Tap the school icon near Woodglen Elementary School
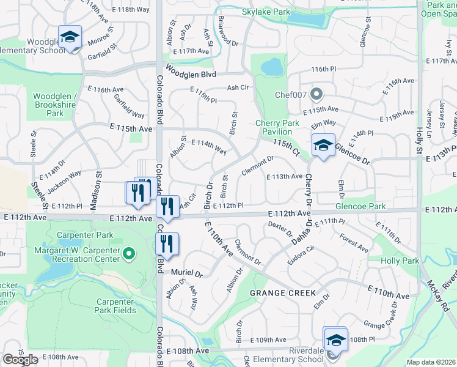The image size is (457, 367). (70, 37)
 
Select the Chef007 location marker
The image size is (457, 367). (316, 94)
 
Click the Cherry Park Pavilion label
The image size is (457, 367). (277, 127)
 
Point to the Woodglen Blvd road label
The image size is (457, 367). (191, 73)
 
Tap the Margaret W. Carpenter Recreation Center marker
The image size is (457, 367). (128, 253)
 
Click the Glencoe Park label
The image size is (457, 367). (360, 207)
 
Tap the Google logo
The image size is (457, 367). (20, 360)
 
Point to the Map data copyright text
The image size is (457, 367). (430, 362)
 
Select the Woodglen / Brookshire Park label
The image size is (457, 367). (56, 105)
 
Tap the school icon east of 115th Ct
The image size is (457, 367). (323, 146)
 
